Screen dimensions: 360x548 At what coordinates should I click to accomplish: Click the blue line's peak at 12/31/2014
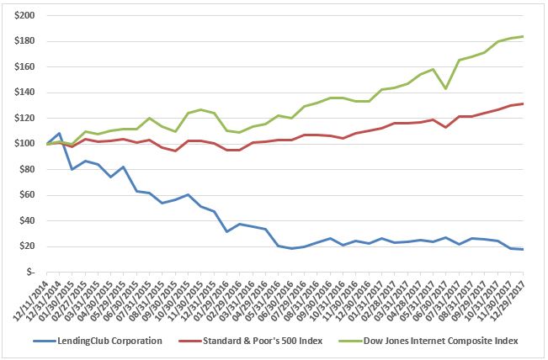coord(58,133)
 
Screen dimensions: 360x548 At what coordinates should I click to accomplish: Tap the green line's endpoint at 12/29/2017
coord(524,36)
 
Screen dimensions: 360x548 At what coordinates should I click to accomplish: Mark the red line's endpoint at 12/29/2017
coord(524,103)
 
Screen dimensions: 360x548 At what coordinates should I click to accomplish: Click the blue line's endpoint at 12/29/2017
coord(524,249)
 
